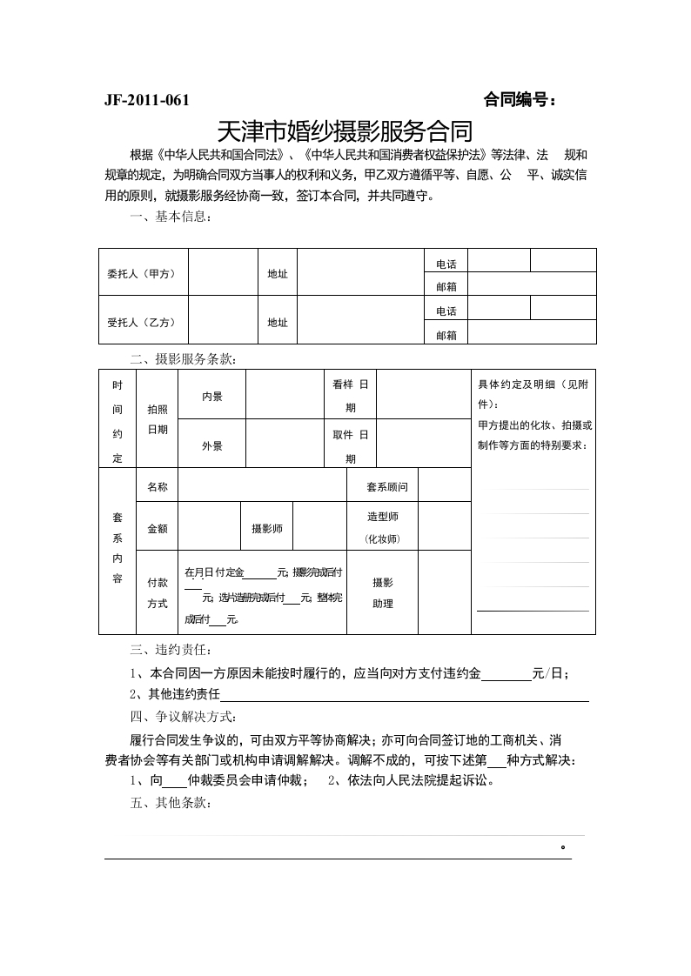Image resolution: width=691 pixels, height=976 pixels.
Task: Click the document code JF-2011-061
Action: click(146, 100)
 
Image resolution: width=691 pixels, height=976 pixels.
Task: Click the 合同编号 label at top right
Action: click(520, 100)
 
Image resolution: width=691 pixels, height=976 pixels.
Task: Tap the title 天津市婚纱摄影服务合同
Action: click(344, 131)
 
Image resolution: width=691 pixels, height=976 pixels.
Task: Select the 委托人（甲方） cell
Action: click(141, 273)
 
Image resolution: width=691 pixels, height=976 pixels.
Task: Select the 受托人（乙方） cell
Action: click(141, 322)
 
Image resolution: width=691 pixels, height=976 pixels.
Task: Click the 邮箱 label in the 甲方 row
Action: click(446, 285)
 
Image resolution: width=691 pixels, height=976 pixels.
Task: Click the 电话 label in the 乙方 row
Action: click(446, 311)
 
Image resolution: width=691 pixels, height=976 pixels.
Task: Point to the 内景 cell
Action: click(212, 397)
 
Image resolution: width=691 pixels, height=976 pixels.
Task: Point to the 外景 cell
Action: click(212, 446)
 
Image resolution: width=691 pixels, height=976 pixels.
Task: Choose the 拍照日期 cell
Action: click(158, 419)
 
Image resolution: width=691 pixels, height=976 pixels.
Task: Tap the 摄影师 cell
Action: click(266, 528)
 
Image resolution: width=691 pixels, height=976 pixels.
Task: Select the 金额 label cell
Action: click(158, 528)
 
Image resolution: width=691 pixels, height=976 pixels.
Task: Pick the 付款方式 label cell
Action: click(158, 592)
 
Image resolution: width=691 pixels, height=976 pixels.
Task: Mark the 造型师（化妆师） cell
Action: click(382, 528)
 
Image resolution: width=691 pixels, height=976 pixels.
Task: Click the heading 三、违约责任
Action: click(170, 649)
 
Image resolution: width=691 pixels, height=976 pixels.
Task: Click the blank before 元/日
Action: click(506, 674)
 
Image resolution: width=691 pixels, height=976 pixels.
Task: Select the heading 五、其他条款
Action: click(170, 804)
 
